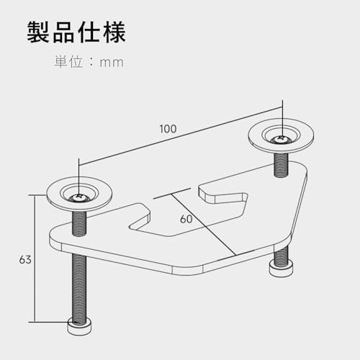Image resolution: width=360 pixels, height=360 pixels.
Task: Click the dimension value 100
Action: click(168, 129)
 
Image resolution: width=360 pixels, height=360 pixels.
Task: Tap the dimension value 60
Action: click(186, 219)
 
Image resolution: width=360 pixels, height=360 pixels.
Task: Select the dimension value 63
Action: click(25, 260)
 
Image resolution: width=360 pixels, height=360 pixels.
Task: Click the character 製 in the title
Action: click(37, 32)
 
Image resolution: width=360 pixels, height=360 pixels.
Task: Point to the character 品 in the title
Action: click(63, 32)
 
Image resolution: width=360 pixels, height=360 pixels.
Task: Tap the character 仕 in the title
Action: click(89, 32)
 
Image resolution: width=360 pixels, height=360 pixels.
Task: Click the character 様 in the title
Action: click(114, 32)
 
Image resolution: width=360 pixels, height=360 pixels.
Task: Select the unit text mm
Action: click(112, 63)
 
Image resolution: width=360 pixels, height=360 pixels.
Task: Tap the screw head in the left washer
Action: click(78, 199)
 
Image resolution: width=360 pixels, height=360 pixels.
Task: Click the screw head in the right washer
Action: click(281, 140)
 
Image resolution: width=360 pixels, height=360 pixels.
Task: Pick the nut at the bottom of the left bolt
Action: click(79, 325)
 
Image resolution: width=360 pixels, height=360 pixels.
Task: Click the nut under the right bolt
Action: click(281, 269)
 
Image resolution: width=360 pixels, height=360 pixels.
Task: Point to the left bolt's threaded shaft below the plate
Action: click(79, 287)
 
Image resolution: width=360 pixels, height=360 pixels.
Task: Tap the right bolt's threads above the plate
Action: click(281, 165)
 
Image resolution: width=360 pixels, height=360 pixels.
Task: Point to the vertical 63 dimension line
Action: click(35, 258)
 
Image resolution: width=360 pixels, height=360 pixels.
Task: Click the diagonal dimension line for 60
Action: click(203, 225)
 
